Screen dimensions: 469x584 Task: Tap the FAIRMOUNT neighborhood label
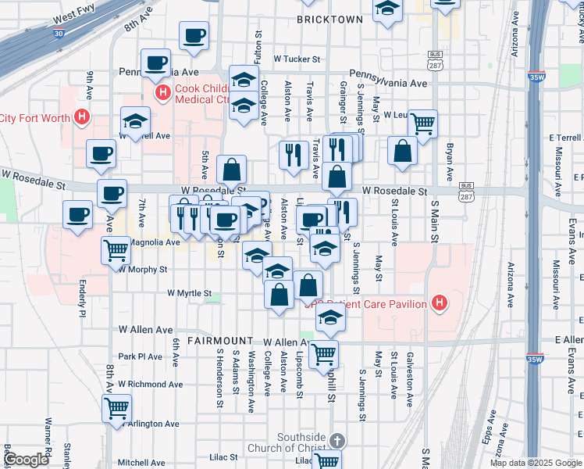(x=220, y=342)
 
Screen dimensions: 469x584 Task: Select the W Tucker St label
(x=297, y=59)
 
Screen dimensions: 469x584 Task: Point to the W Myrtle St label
(x=190, y=294)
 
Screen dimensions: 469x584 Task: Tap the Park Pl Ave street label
(x=140, y=356)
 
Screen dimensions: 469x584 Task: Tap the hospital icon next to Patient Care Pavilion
(x=440, y=303)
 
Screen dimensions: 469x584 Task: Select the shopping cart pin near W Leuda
(x=422, y=122)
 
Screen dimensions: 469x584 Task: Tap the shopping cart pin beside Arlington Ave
(x=116, y=407)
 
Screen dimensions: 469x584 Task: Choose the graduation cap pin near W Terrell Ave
(x=135, y=121)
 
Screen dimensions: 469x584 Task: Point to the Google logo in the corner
(x=26, y=460)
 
